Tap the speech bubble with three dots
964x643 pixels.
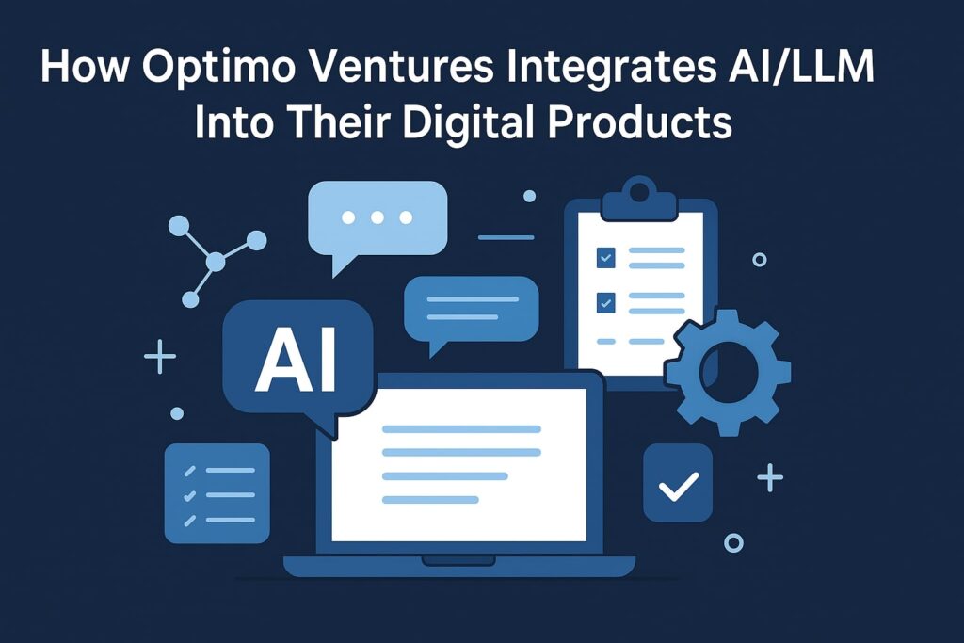pyautogui.click(x=378, y=218)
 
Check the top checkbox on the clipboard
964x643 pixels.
pyautogui.click(x=605, y=256)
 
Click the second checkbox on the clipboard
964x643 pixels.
pyautogui.click(x=605, y=303)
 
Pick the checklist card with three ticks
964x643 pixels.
pyautogui.click(x=217, y=494)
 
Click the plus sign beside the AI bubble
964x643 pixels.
pyautogui.click(x=160, y=358)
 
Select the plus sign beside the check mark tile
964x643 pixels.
pyautogui.click(x=770, y=478)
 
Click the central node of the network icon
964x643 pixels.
pyautogui.click(x=216, y=263)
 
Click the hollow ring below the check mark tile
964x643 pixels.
pyautogui.click(x=733, y=542)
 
